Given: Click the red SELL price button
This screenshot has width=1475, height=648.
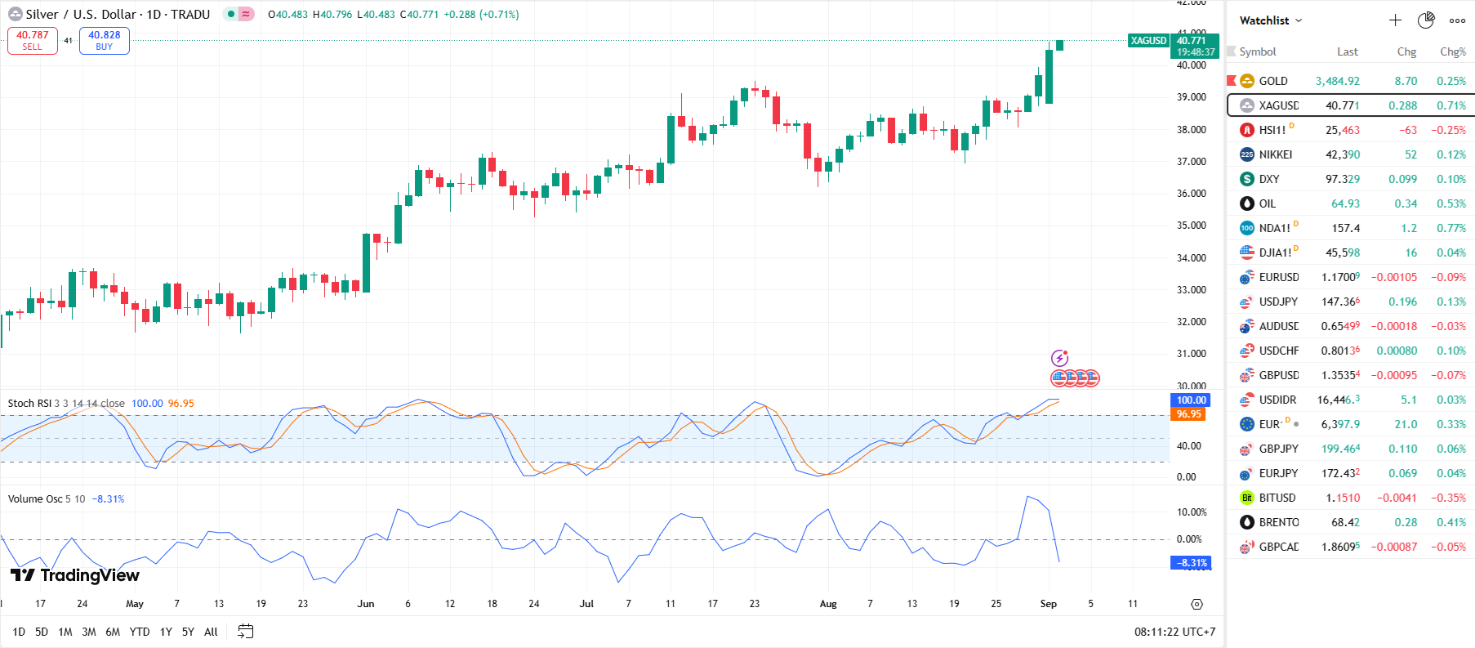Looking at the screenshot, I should click(x=33, y=41).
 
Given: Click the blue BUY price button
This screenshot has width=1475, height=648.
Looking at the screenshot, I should click(x=104, y=41).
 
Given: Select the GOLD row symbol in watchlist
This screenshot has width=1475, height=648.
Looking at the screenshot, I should click(x=1272, y=81).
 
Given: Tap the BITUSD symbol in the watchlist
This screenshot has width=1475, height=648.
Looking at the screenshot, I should click(x=1277, y=498).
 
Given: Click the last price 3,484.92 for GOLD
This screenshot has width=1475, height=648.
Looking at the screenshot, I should click(x=1337, y=81).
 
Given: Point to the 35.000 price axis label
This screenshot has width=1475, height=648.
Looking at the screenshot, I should click(x=1191, y=226).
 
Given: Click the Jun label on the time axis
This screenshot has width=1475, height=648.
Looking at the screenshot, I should click(x=366, y=604).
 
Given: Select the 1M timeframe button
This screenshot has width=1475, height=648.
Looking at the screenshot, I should click(x=65, y=632).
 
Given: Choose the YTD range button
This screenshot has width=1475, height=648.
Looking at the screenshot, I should click(x=140, y=632).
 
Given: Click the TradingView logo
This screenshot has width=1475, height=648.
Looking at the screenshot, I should click(x=75, y=575).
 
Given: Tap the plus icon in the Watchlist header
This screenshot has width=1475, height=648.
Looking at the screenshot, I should click(x=1395, y=20).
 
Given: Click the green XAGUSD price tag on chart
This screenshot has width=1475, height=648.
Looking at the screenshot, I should click(x=1148, y=41).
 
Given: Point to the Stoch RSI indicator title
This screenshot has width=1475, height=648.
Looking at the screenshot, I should click(x=29, y=403).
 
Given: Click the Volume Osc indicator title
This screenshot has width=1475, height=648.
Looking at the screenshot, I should click(x=35, y=498).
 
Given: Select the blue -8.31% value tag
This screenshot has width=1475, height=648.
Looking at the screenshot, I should click(x=1191, y=563).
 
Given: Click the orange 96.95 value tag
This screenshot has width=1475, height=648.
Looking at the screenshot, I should click(x=1188, y=414).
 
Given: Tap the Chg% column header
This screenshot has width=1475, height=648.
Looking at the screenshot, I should click(x=1452, y=51).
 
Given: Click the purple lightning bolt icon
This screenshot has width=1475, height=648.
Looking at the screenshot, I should click(x=1059, y=358).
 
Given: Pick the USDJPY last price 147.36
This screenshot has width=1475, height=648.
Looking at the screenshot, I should click(x=1340, y=302).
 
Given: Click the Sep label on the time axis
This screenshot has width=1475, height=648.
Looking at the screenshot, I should click(x=1048, y=604).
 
